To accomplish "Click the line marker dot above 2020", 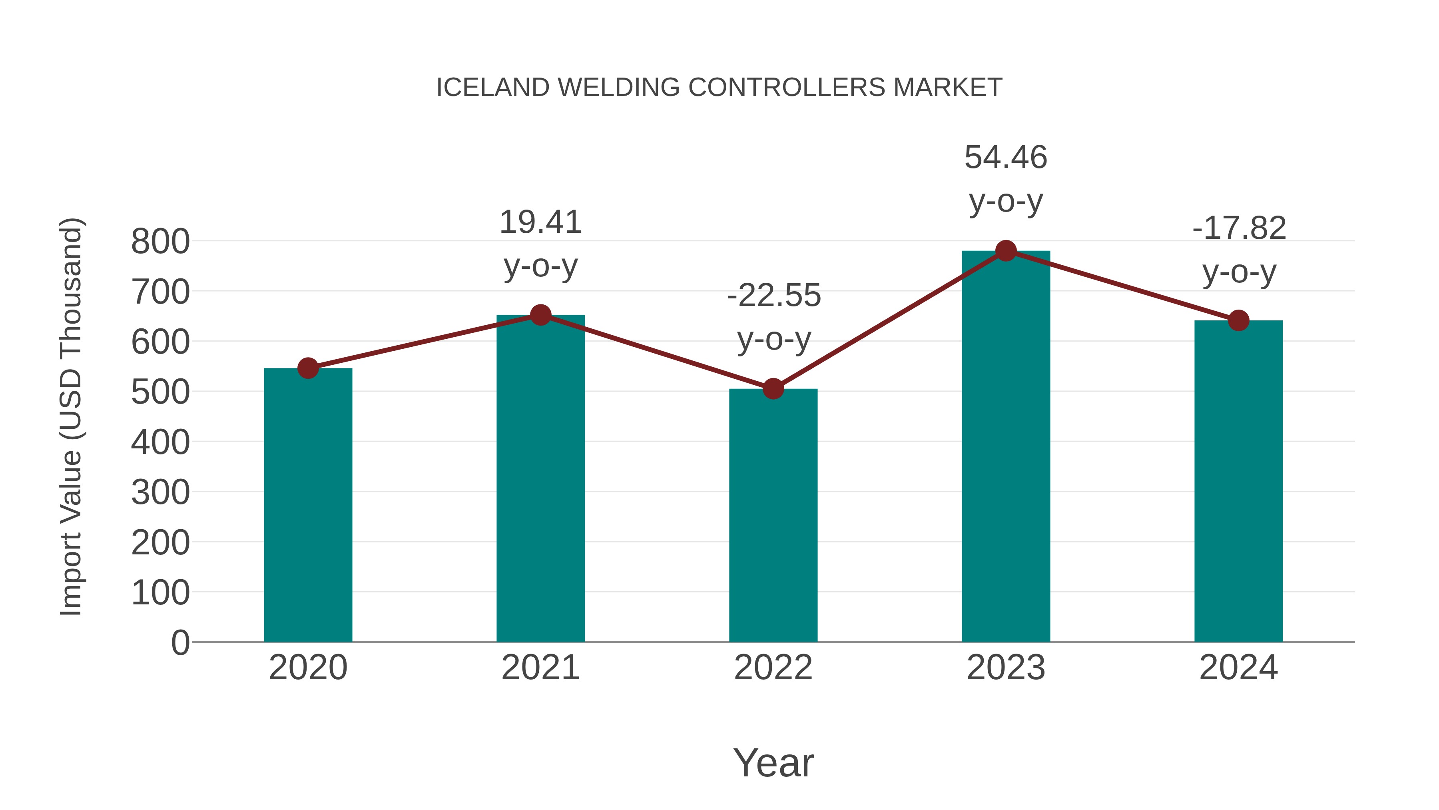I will click(308, 368).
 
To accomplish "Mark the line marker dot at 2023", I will click(1006, 251).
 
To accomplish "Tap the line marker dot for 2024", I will click(1238, 320).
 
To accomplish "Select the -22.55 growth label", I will click(774, 296).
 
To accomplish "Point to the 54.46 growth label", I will click(1006, 157).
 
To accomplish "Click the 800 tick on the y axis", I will click(160, 242).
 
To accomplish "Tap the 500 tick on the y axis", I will click(160, 392).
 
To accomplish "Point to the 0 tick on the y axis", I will click(180, 642).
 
